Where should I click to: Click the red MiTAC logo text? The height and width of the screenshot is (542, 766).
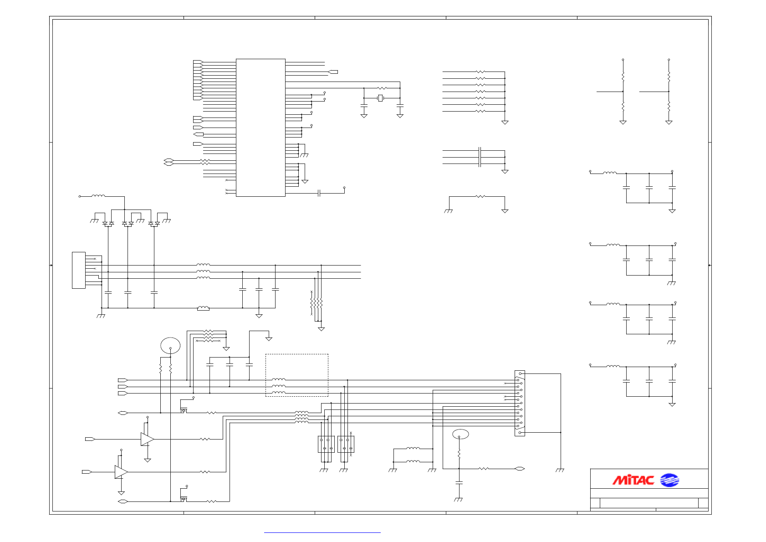tap(633, 480)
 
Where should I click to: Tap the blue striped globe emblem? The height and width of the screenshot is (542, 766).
tap(669, 480)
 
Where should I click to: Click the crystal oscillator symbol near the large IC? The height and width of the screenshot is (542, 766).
tap(380, 98)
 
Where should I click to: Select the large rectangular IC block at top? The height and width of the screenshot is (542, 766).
tap(260, 128)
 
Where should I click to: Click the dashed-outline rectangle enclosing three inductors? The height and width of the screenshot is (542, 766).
tap(296, 375)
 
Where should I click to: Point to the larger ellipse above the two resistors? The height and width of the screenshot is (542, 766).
tap(170, 345)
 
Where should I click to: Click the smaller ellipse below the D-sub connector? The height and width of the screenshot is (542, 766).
tap(460, 434)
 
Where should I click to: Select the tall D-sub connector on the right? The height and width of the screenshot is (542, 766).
tap(520, 403)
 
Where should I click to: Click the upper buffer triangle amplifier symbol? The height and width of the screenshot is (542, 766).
tap(147, 439)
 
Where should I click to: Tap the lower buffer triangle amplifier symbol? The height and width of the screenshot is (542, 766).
tap(121, 472)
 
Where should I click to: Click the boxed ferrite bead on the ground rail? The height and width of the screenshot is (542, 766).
tap(203, 308)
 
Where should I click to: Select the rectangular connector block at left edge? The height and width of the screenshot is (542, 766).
tap(79, 270)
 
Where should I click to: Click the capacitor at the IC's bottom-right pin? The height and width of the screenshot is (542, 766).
tap(319, 193)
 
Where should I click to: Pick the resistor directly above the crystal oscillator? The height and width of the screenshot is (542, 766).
tap(382, 88)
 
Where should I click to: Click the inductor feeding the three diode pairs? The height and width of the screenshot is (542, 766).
tap(98, 196)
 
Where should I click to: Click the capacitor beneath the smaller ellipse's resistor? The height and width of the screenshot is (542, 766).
tap(459, 482)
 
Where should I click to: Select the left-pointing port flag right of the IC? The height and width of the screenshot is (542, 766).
tap(333, 72)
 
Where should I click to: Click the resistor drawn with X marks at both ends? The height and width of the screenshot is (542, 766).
tap(208, 341)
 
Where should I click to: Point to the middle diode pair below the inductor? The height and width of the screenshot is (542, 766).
tap(128, 224)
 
